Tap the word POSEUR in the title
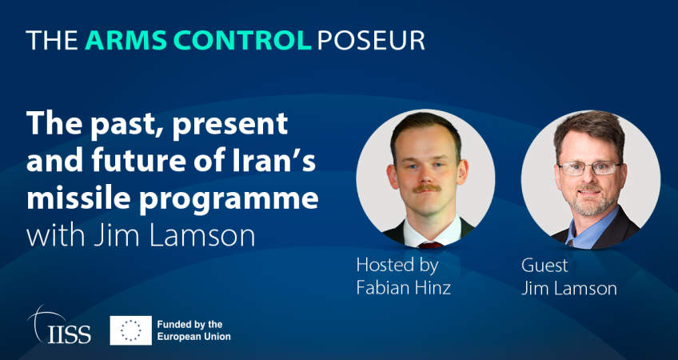pyautogui.click(x=371, y=41)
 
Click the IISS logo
pyautogui.click(x=59, y=326)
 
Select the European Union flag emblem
pyautogui.click(x=131, y=330)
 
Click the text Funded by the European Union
pyautogui.click(x=194, y=330)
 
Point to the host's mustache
pyautogui.click(x=426, y=188)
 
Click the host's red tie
pyautogui.click(x=430, y=246)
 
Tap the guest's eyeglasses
pyautogui.click(x=590, y=168)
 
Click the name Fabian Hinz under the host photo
pyautogui.click(x=404, y=288)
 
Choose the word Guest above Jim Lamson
pyautogui.click(x=544, y=266)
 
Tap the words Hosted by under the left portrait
pyautogui.click(x=397, y=266)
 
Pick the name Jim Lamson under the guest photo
pyautogui.click(x=569, y=288)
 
